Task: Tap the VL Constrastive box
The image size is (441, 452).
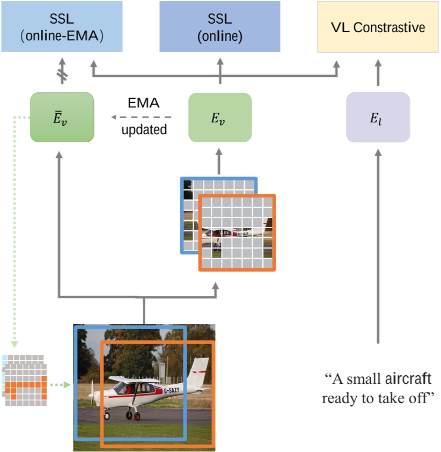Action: [x=378, y=27]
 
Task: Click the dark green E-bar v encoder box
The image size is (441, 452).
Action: [x=62, y=117]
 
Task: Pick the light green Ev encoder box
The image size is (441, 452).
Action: [x=219, y=117]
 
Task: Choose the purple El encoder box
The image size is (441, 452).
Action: [x=378, y=117]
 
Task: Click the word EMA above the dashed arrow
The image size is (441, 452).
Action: [x=143, y=104]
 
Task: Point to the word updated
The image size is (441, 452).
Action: [x=143, y=129]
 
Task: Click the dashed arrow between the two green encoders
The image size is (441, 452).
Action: [x=142, y=117]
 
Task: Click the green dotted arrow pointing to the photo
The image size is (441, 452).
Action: [x=60, y=384]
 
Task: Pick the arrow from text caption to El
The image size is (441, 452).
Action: [x=378, y=247]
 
